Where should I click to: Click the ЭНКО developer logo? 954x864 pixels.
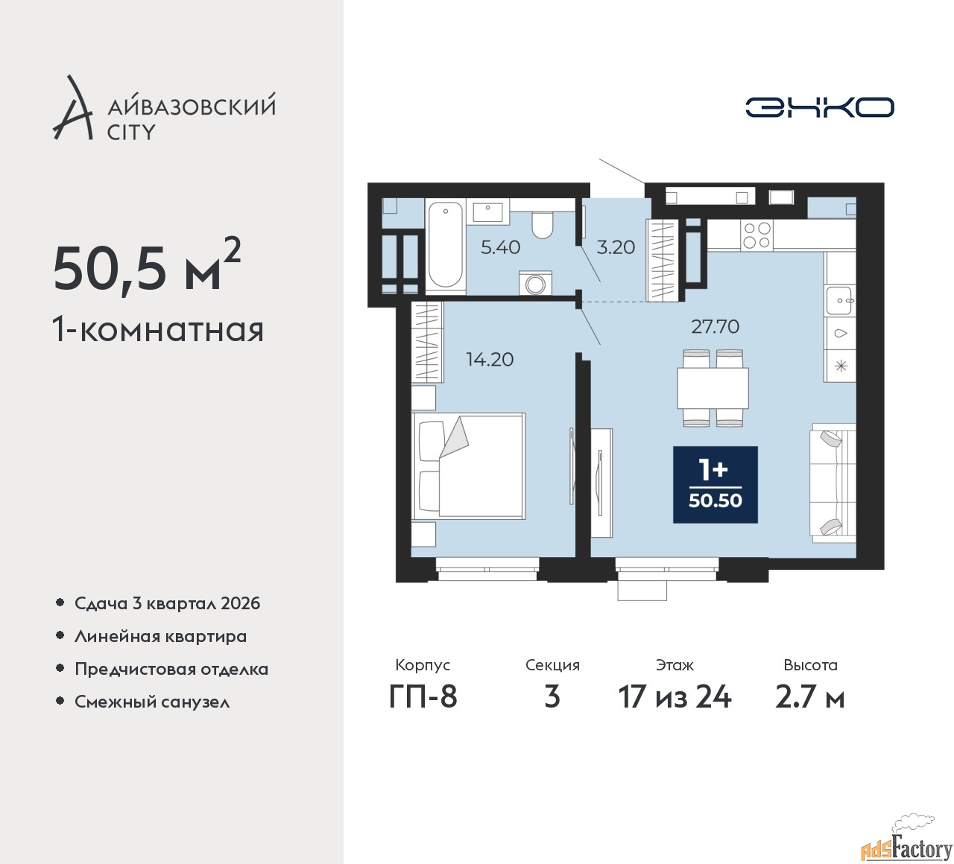coord(819,107)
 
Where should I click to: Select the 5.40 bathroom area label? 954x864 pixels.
coord(500,247)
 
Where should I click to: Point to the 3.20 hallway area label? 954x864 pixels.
coord(616,247)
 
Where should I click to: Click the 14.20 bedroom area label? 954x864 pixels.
coord(490,360)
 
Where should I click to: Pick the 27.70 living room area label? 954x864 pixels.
coord(715,327)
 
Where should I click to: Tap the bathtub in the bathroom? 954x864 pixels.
coord(445,247)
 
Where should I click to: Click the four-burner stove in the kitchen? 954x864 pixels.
coord(756,235)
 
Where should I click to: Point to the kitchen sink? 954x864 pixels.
coord(840,300)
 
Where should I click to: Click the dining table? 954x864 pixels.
coord(713,388)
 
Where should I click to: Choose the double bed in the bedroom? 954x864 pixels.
coord(469,466)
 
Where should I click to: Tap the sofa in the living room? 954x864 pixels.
coord(834,483)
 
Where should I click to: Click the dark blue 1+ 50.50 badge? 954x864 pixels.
coord(715,485)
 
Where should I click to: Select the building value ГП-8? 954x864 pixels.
coord(423,698)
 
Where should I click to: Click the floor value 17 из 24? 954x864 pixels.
coord(675,698)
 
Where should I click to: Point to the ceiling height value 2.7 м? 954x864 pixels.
coord(810,698)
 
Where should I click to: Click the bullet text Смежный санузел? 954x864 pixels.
coord(152,702)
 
